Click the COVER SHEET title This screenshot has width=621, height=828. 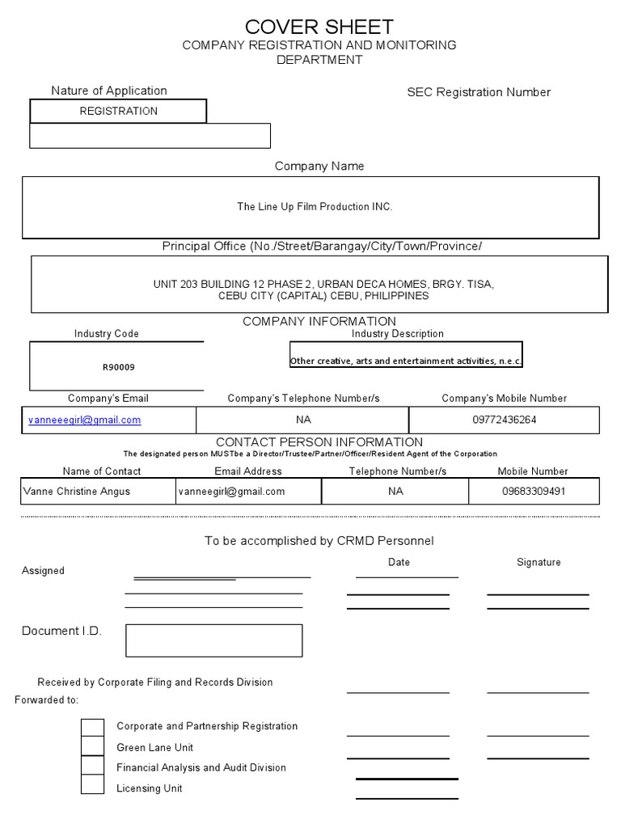(319, 27)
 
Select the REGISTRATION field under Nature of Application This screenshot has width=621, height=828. (118, 111)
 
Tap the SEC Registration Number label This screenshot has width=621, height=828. (478, 92)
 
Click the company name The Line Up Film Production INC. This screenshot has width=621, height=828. (315, 207)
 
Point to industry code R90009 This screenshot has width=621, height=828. (118, 367)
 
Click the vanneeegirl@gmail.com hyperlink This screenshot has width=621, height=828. (84, 420)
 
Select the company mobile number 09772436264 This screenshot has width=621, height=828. (504, 420)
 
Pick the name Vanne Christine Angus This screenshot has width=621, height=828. (76, 492)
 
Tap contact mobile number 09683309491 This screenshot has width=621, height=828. (533, 492)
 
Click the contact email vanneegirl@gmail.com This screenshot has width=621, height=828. (231, 492)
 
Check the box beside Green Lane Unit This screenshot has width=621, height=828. (93, 747)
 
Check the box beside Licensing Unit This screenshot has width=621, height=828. (93, 784)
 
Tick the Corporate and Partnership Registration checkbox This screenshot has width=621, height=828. (93, 727)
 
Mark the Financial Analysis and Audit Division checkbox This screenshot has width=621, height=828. (93, 766)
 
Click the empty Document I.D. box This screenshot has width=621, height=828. (213, 640)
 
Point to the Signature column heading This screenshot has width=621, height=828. (539, 562)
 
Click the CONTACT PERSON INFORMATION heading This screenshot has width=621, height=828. (319, 442)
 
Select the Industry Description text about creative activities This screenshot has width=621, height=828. (406, 361)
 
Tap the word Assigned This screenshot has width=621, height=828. (43, 571)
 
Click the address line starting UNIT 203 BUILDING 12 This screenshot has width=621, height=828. (323, 285)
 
